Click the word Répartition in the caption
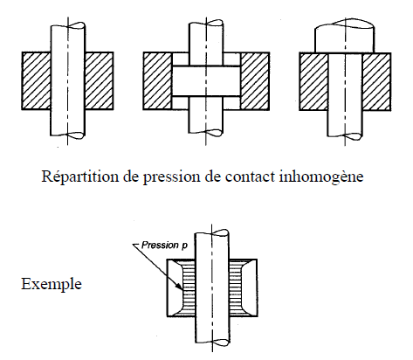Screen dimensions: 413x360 pos(80,177)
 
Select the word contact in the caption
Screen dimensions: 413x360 pos(250,177)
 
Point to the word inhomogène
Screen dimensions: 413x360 pos(321,177)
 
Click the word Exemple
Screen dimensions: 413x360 pos(52,284)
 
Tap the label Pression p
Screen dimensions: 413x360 pos(164,246)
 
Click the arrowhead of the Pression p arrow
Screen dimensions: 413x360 pos(180,287)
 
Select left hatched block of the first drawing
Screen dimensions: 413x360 pos(37,81)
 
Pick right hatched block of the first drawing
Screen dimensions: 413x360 pos(99,81)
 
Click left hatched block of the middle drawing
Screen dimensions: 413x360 pos(157,81)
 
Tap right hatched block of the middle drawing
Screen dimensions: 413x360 pos(255,81)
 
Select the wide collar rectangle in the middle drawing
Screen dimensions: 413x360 pos(206,81)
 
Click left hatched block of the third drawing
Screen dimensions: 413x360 pos(313,82)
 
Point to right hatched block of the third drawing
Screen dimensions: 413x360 pos(376,82)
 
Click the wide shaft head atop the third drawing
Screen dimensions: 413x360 pos(345,38)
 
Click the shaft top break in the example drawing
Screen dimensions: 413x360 pos(212,232)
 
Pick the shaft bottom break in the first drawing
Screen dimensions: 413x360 pos(68,135)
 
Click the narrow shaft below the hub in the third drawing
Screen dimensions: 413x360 pos(345,124)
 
